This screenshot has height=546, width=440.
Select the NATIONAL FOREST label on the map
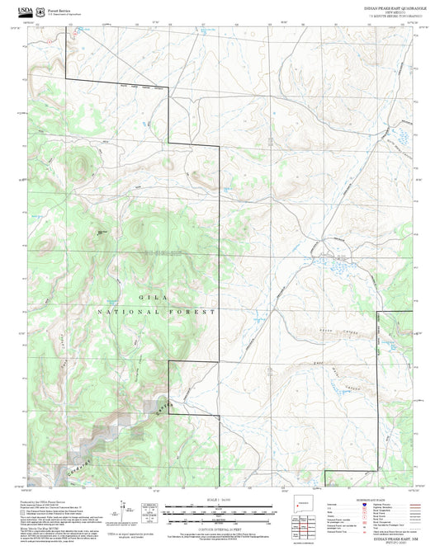pos(156,312)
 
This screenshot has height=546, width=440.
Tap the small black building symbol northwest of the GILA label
pos(99,233)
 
